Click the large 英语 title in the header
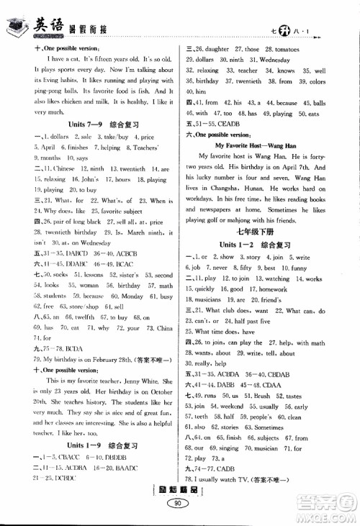coord(46,24)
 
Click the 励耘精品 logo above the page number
coord(179,493)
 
